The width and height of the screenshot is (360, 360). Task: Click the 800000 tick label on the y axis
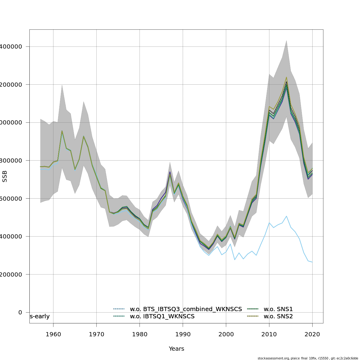pyautogui.click(x=11, y=160)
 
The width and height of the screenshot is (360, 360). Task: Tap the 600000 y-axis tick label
pyautogui.click(x=11, y=199)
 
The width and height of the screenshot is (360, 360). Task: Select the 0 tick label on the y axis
pyautogui.click(x=20, y=312)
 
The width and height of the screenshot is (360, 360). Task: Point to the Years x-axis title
pyautogui.click(x=176, y=349)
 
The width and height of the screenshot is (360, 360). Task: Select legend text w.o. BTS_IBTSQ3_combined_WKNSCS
pyautogui.click(x=186, y=309)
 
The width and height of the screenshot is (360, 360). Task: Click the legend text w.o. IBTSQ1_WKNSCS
pyautogui.click(x=162, y=316)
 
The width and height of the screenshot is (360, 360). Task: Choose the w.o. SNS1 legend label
pyautogui.click(x=278, y=309)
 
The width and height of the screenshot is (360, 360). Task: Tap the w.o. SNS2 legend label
pyautogui.click(x=278, y=316)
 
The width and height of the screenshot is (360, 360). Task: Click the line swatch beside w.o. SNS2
pyautogui.click(x=253, y=316)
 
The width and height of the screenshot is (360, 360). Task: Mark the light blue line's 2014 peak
pyautogui.click(x=286, y=216)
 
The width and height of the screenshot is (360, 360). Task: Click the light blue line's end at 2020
pyautogui.click(x=312, y=262)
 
